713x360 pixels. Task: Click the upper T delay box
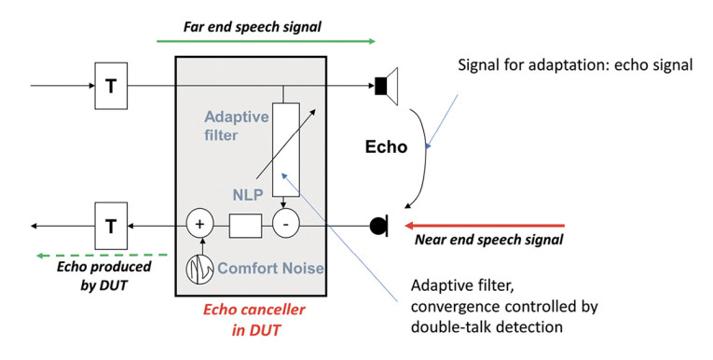(111, 87)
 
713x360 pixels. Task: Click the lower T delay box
(111, 225)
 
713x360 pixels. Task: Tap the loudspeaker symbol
(386, 87)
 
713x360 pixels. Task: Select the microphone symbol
(379, 225)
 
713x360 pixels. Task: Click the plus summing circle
(200, 225)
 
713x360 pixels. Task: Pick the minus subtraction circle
(285, 225)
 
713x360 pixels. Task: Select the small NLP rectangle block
(243, 225)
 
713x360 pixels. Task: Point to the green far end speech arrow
(265, 42)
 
